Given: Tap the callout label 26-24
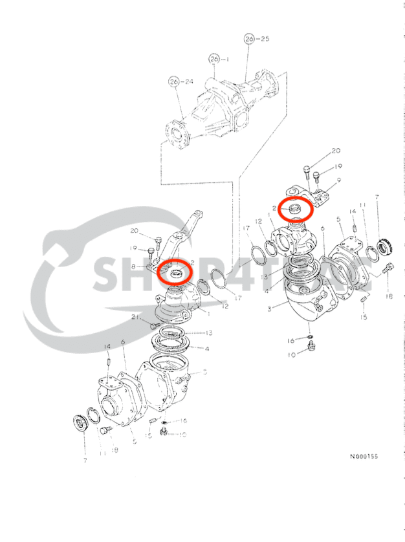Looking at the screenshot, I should point(181,81).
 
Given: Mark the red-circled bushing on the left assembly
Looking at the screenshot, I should point(175,272).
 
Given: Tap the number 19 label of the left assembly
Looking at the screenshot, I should point(133,248).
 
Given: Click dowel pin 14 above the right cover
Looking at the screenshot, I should point(355,227).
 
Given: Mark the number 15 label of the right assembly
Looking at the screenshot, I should point(364,318).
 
